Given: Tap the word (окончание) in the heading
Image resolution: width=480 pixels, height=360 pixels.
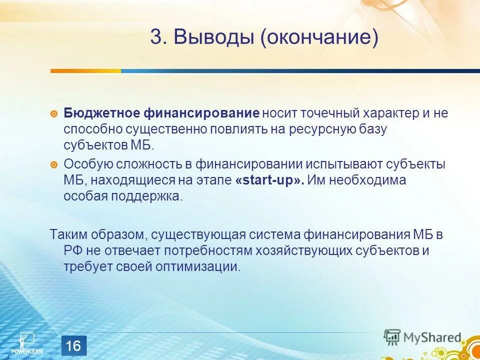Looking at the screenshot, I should [x=318, y=38].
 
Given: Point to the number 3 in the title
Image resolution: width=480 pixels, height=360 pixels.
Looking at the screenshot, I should [x=156, y=38].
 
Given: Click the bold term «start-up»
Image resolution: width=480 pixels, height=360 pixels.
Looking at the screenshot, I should [x=269, y=180].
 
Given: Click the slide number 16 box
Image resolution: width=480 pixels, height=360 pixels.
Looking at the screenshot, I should [x=73, y=345].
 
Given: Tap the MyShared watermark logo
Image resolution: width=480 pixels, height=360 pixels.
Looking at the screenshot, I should [x=422, y=337].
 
